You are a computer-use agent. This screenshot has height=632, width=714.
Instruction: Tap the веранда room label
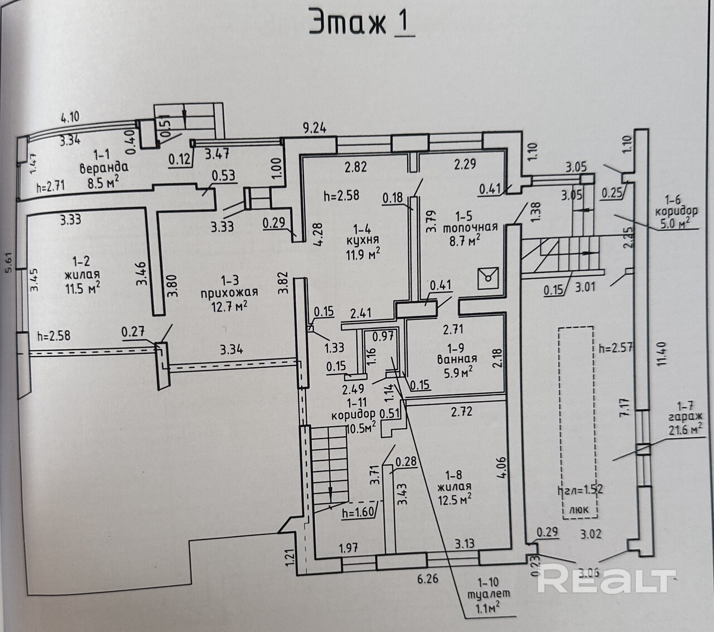(x=104, y=167)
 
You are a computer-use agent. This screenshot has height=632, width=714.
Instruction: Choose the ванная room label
(x=457, y=359)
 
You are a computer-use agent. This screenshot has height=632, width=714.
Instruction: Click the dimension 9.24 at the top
(x=314, y=128)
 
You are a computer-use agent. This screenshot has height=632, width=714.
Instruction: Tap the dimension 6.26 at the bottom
(x=427, y=578)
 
